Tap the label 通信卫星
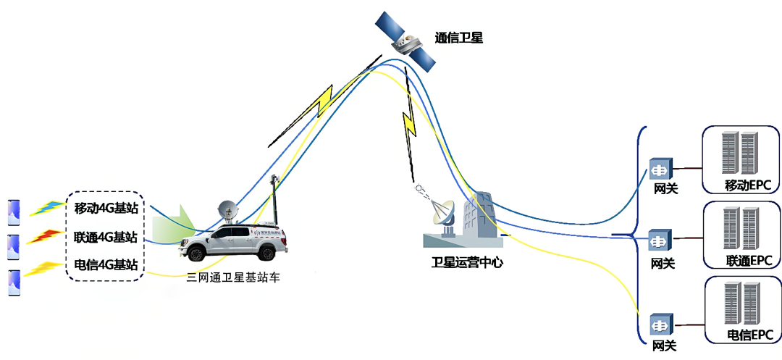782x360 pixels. click(458, 38)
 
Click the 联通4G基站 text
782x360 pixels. click(106, 236)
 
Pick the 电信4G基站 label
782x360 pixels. click(106, 264)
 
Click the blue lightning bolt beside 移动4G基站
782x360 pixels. click(48, 208)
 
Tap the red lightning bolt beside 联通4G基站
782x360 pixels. click(46, 237)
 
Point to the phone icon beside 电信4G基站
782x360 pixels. click(14, 283)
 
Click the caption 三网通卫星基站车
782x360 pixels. click(233, 278)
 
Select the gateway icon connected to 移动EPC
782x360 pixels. click(661, 169)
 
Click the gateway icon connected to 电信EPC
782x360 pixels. click(661, 325)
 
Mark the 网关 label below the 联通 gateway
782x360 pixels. click(664, 263)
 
